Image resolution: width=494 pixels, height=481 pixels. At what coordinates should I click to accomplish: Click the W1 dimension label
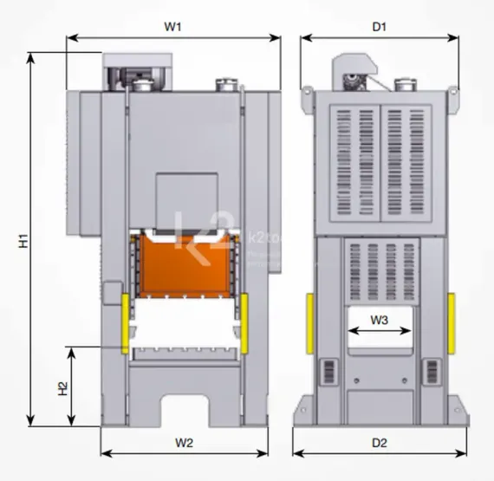pyautogui.click(x=173, y=27)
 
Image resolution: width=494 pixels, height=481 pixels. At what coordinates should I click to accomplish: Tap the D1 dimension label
pyautogui.click(x=379, y=27)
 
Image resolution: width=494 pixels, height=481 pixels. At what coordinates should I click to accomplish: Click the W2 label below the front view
pyautogui.click(x=184, y=443)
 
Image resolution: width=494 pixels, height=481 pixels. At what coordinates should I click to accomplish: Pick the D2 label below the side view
pyautogui.click(x=379, y=443)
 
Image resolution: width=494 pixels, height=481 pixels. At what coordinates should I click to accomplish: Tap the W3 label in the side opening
pyautogui.click(x=379, y=320)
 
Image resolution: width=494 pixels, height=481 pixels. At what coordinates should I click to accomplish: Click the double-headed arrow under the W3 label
pyautogui.click(x=379, y=331)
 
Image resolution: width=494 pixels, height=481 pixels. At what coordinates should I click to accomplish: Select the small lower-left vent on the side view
pyautogui.click(x=328, y=371)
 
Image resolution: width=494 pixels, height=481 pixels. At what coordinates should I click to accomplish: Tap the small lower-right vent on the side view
pyautogui.click(x=430, y=371)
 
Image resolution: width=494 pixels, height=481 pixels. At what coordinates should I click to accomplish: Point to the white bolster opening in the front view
pyautogui.click(x=185, y=326)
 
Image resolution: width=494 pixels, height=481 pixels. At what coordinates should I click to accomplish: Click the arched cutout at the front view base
pyautogui.click(x=185, y=411)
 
